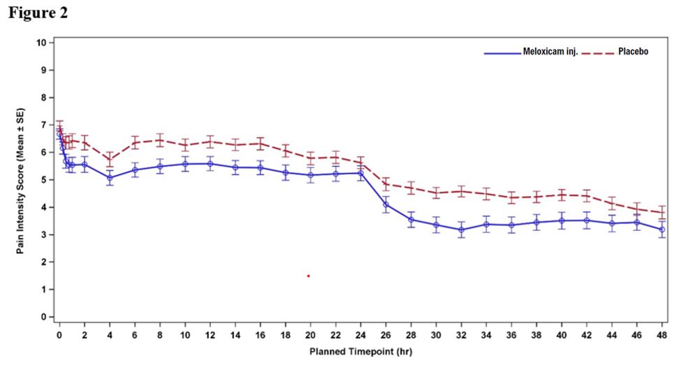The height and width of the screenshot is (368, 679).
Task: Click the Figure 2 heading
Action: pos(38,13)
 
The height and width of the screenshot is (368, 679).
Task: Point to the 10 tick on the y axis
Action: pos(43,43)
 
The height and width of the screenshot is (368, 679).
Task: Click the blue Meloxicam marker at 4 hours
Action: pos(110,178)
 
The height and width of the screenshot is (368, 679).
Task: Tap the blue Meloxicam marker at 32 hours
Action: pos(461,229)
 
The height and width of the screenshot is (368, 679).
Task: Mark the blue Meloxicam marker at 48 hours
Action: pos(662,229)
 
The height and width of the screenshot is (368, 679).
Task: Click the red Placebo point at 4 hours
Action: pos(110,160)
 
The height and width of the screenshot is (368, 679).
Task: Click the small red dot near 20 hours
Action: pos(308,276)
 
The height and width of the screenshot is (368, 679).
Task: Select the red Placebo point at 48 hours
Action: pos(662,213)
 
